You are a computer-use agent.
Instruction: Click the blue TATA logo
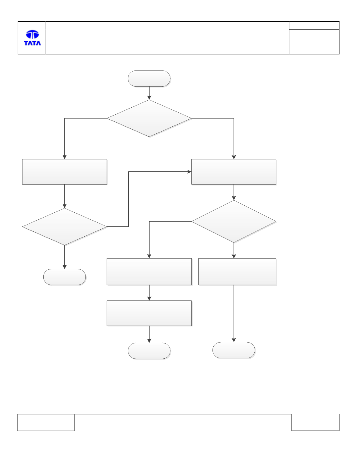point(32,38)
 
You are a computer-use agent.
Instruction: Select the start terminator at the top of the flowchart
point(149,78)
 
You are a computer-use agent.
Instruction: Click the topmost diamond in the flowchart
point(149,118)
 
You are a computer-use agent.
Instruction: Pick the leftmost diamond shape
point(65,227)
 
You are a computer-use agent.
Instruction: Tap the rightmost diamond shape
point(234,221)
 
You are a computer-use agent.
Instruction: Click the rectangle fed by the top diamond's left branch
point(65,172)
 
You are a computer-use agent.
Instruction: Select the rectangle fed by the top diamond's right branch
point(234,172)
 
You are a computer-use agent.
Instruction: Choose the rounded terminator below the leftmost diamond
point(65,277)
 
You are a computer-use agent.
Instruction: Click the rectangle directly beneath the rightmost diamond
point(237,271)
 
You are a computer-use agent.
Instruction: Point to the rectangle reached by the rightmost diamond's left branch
point(149,271)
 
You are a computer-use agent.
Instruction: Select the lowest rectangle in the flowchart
point(149,313)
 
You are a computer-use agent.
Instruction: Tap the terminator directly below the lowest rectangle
point(149,351)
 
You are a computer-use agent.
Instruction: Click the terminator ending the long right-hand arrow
point(234,350)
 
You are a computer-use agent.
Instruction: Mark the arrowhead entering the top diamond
point(149,98)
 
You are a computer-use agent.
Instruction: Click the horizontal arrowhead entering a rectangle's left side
point(189,171)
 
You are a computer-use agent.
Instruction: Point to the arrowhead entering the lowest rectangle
point(149,298)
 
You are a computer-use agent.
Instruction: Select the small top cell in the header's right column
point(314,25)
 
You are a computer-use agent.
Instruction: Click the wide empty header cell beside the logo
point(167,38)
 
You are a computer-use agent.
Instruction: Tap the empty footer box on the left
point(46,422)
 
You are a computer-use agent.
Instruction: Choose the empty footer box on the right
point(316,422)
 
